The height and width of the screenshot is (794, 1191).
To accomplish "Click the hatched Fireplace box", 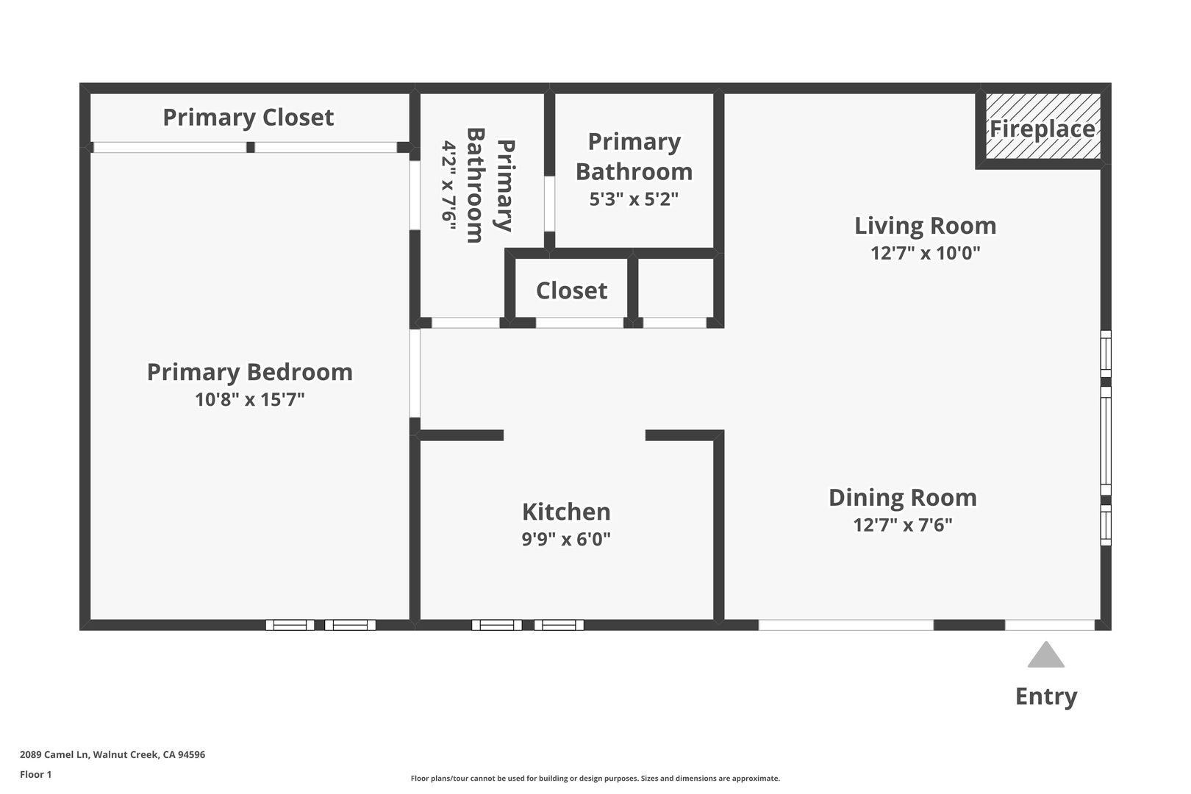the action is click(1042, 126).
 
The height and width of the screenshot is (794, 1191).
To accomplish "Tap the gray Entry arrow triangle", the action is click(1046, 654).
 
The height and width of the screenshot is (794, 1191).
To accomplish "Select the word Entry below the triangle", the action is click(1046, 697).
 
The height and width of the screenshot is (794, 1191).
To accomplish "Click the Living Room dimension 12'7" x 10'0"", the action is click(925, 253).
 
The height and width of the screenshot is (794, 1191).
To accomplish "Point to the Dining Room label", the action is click(903, 498).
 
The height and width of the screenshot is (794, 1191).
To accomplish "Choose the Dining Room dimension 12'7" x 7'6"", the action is click(903, 525).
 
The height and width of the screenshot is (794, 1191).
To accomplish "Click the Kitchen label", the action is click(566, 512).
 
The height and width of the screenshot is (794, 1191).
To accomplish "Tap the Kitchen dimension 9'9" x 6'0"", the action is click(566, 540).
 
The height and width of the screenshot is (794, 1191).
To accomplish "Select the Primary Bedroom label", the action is click(250, 372).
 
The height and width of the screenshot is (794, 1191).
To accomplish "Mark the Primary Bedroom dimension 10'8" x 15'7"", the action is click(250, 399).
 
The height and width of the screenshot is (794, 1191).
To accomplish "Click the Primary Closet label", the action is click(248, 118).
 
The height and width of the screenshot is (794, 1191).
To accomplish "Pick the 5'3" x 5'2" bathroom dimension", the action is click(634, 199).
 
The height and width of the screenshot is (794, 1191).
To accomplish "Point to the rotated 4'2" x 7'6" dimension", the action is click(449, 185).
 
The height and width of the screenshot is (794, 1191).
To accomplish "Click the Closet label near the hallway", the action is click(571, 290).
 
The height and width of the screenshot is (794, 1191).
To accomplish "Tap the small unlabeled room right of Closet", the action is click(675, 287).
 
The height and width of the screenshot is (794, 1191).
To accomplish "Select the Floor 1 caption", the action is click(35, 774).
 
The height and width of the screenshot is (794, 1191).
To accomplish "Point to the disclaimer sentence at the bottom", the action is click(595, 778).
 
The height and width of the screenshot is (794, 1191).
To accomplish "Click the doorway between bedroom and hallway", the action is click(415, 373).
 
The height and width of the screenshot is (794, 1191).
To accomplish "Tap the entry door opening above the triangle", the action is click(1050, 625).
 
